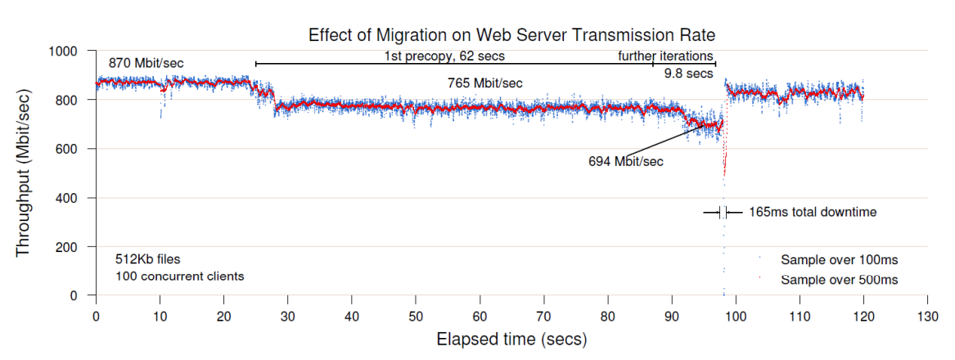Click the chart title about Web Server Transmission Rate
point(511,35)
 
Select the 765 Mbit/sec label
point(484,83)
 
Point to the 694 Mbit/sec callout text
point(625,162)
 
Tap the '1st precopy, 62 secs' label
point(444,56)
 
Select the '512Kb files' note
point(148,259)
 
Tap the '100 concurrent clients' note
point(179,277)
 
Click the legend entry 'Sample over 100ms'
point(839,260)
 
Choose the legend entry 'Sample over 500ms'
point(839,280)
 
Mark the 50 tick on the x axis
point(416,317)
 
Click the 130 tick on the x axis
point(927,317)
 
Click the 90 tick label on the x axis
point(672,317)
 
